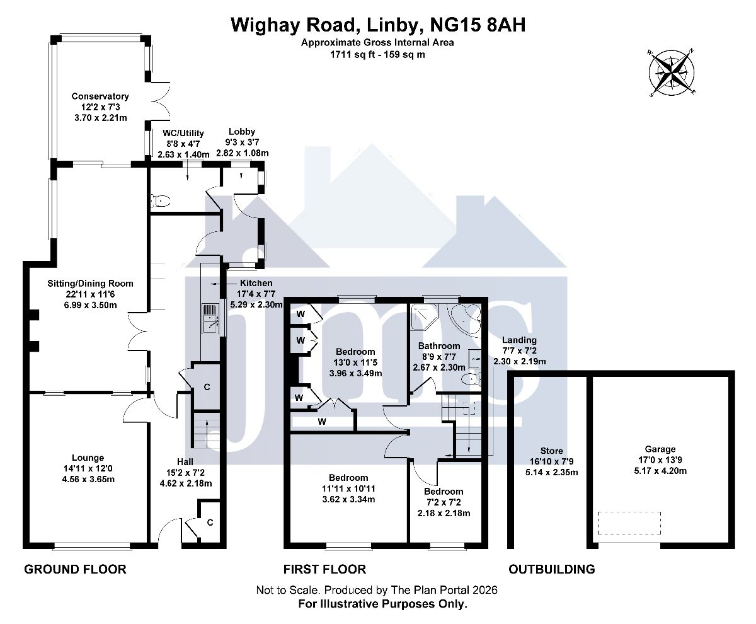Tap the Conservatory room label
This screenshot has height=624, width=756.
pos(100,96)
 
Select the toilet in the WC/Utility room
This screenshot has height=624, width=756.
pos(162,201)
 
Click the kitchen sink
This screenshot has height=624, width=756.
pos(209,318)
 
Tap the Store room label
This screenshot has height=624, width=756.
pos(552,451)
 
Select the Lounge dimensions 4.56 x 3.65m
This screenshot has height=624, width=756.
pos(88,479)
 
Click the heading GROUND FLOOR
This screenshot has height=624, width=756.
pos(75,569)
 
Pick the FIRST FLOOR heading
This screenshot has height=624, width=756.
pos(324,569)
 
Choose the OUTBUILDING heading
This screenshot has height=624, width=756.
pos(552,569)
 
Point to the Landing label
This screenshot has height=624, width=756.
pos(519,340)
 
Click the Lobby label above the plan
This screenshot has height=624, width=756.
pos(242,132)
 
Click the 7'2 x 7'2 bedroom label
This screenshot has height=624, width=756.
pos(444,492)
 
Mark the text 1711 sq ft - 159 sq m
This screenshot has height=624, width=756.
pos(377,54)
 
